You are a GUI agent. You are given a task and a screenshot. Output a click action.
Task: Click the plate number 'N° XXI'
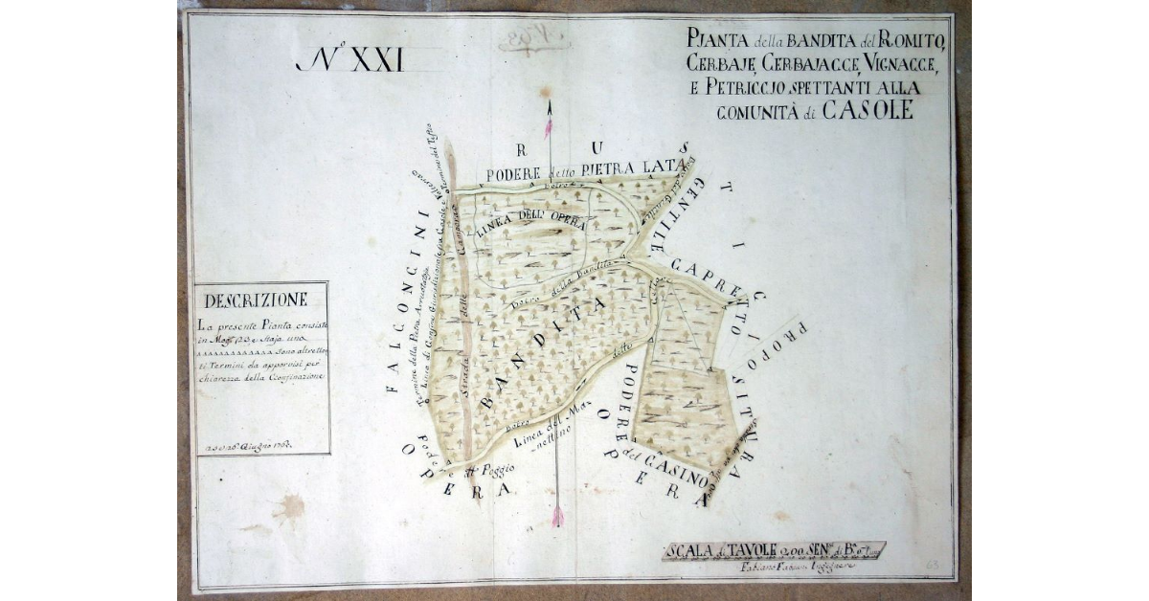(350, 60)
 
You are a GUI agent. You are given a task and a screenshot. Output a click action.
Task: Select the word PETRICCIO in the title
(758, 88)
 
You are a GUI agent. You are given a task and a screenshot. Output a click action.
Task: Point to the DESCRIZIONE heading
(256, 300)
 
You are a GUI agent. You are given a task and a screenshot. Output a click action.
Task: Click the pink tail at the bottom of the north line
(557, 517)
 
